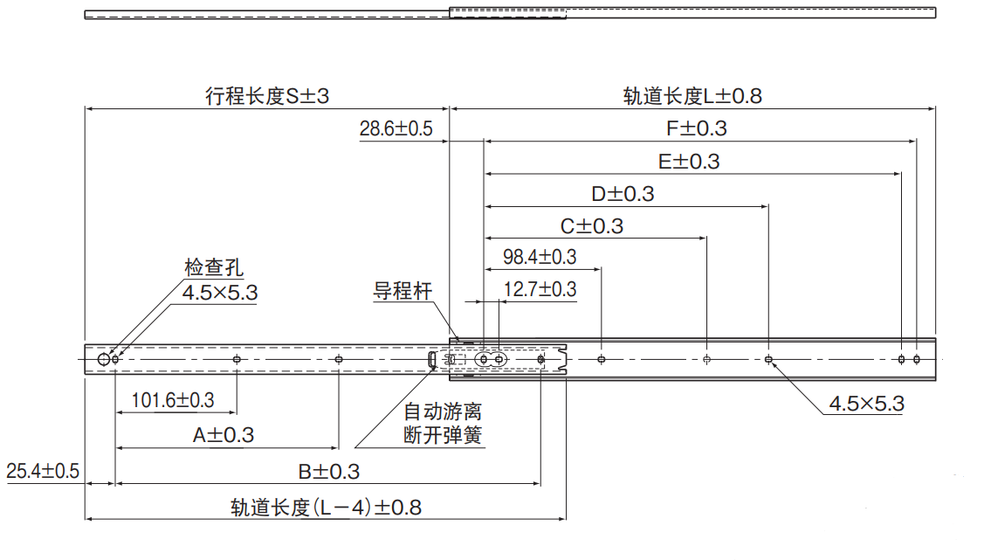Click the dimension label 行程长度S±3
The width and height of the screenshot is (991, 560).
pyautogui.click(x=267, y=96)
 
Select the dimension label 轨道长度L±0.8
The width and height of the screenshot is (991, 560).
pyautogui.click(x=692, y=96)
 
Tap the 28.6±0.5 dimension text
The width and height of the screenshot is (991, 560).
pyautogui.click(x=396, y=129)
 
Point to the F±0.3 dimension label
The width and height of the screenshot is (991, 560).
pyautogui.click(x=696, y=128)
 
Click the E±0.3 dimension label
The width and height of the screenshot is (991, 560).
pyautogui.click(x=689, y=162)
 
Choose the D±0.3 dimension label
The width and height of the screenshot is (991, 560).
pyautogui.click(x=622, y=194)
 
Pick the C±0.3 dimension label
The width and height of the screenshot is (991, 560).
pyautogui.click(x=591, y=226)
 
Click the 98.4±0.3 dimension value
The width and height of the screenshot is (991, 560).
pyautogui.click(x=540, y=257)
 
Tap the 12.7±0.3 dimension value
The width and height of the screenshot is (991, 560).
pyautogui.click(x=540, y=289)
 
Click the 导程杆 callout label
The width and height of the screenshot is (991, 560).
pyautogui.click(x=403, y=291)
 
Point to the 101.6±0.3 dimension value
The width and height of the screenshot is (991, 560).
pyautogui.click(x=173, y=400)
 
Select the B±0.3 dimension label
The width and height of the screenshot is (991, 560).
pyautogui.click(x=327, y=472)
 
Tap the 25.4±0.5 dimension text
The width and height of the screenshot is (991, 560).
pyautogui.click(x=43, y=472)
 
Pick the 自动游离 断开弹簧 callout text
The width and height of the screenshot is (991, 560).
pyautogui.click(x=442, y=423)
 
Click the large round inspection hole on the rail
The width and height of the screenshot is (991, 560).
pyautogui.click(x=105, y=359)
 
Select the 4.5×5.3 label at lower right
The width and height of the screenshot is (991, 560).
pyautogui.click(x=865, y=404)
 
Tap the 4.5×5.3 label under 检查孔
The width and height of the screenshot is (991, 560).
pyautogui.click(x=219, y=293)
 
